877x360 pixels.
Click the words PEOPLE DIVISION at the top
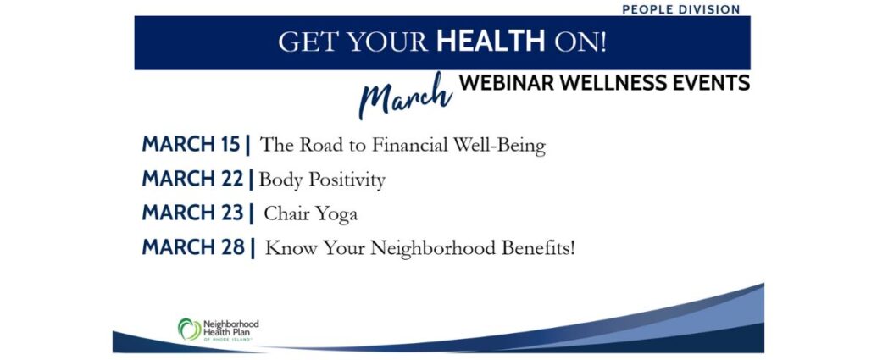point(680,9)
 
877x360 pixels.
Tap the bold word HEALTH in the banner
point(491,42)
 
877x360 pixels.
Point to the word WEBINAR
point(506,83)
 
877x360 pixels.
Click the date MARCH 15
point(191,144)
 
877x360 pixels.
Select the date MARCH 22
point(193,179)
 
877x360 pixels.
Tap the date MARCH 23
point(193,213)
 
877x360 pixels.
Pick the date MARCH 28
point(193,247)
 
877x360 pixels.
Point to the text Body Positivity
point(322,180)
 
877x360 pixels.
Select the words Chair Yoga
point(311,214)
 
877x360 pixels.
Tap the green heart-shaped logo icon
point(190,330)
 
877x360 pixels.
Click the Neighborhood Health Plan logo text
point(231,330)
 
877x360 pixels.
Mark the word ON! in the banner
point(580,42)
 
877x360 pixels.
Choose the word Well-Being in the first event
point(499,146)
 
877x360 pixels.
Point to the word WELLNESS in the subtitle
point(611,83)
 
